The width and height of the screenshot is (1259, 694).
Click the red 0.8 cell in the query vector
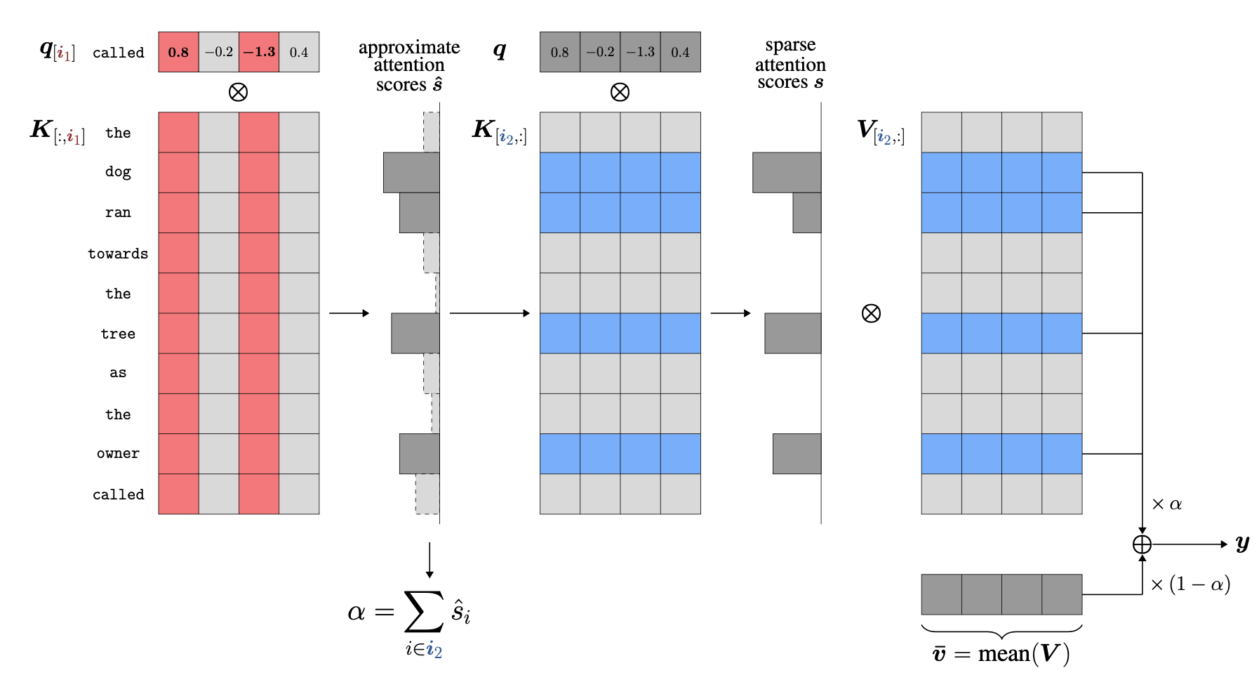[x=178, y=52]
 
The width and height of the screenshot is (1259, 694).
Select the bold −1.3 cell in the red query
[x=259, y=52]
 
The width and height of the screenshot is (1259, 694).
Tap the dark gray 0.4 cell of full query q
[x=680, y=52]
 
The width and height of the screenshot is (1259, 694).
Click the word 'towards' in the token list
[x=118, y=254]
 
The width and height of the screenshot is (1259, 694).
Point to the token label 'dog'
[x=118, y=172]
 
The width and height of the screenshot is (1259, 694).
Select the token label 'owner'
[x=118, y=454]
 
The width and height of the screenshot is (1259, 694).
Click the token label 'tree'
[x=118, y=334]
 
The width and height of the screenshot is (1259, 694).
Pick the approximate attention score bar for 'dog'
[x=411, y=173]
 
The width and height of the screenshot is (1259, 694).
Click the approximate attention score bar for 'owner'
[x=419, y=454]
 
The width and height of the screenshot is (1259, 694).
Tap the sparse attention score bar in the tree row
[x=792, y=333]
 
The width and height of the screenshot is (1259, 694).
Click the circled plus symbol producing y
[x=1142, y=544]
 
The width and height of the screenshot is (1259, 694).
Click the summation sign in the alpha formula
[x=424, y=611]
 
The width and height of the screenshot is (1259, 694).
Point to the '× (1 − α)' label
[x=1190, y=584]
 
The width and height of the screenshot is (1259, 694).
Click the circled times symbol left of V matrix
[x=871, y=313]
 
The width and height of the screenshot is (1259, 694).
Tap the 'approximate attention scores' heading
[x=409, y=65]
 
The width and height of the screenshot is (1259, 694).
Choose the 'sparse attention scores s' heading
[x=790, y=64]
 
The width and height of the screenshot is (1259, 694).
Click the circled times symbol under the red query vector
[x=239, y=92]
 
